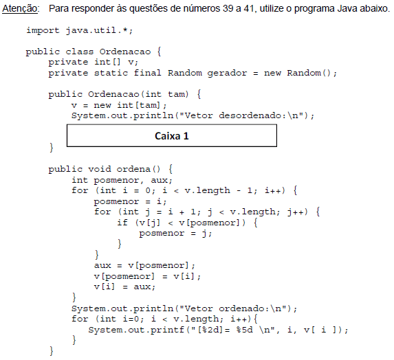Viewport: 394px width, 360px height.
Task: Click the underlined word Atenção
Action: click(x=20, y=9)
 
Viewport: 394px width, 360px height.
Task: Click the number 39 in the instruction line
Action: click(x=228, y=8)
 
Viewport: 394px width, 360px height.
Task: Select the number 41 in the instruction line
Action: click(x=249, y=8)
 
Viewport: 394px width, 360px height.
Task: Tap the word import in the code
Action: click(x=43, y=31)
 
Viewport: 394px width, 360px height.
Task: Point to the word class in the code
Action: click(x=79, y=52)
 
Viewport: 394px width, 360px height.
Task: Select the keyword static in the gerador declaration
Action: click(x=111, y=73)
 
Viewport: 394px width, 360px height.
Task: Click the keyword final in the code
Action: click(x=148, y=73)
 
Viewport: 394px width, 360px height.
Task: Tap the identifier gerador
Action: click(x=227, y=74)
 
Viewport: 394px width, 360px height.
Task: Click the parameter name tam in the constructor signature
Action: click(x=178, y=94)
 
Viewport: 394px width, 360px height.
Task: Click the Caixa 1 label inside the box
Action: click(x=172, y=136)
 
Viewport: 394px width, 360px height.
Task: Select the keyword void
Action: click(x=100, y=169)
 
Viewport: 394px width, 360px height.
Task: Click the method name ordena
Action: click(x=133, y=169)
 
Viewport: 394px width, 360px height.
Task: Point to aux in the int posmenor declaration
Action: click(x=160, y=180)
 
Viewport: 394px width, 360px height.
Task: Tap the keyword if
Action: click(x=122, y=223)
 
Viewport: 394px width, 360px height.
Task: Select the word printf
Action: click(x=167, y=330)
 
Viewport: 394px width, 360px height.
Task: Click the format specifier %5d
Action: click(x=245, y=330)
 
